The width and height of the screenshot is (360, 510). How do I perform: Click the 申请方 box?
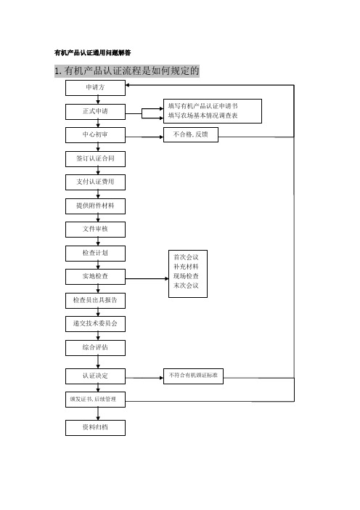(95, 88)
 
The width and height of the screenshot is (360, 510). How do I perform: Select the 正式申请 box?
(95, 112)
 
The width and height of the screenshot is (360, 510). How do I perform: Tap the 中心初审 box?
(95, 135)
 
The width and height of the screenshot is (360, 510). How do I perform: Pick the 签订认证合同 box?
(95, 158)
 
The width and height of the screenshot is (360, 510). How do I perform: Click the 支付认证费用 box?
(95, 182)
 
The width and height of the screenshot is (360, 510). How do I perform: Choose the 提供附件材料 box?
(95, 206)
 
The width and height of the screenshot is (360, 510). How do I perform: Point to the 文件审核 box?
(95, 230)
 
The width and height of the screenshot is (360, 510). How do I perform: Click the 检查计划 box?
(95, 253)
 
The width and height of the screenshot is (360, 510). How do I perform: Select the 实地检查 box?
(95, 277)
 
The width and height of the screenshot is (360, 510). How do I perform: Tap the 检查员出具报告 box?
(95, 300)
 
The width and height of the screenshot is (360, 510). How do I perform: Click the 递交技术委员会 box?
(95, 323)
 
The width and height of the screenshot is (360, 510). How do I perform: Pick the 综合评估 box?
(95, 348)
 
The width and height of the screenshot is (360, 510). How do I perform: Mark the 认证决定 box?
(95, 376)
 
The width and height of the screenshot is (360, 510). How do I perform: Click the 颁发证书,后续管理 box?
(95, 400)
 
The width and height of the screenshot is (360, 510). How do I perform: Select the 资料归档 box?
(95, 428)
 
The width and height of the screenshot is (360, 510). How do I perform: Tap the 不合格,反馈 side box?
(191, 134)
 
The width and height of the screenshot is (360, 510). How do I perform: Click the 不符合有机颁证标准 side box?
(193, 376)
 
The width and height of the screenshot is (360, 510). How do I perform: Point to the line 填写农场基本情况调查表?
(203, 116)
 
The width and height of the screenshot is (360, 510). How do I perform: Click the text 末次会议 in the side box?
(186, 286)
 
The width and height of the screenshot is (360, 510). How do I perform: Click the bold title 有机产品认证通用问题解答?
(93, 53)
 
